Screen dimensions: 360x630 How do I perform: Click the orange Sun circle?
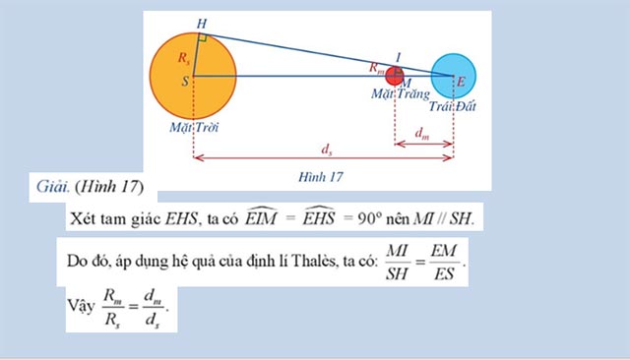pyautogui.click(x=212, y=81)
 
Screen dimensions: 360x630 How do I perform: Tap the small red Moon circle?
pyautogui.click(x=396, y=76)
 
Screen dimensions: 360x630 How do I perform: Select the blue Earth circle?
pyautogui.click(x=454, y=75)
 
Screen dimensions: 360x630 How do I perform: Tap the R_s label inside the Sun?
pyautogui.click(x=184, y=58)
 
